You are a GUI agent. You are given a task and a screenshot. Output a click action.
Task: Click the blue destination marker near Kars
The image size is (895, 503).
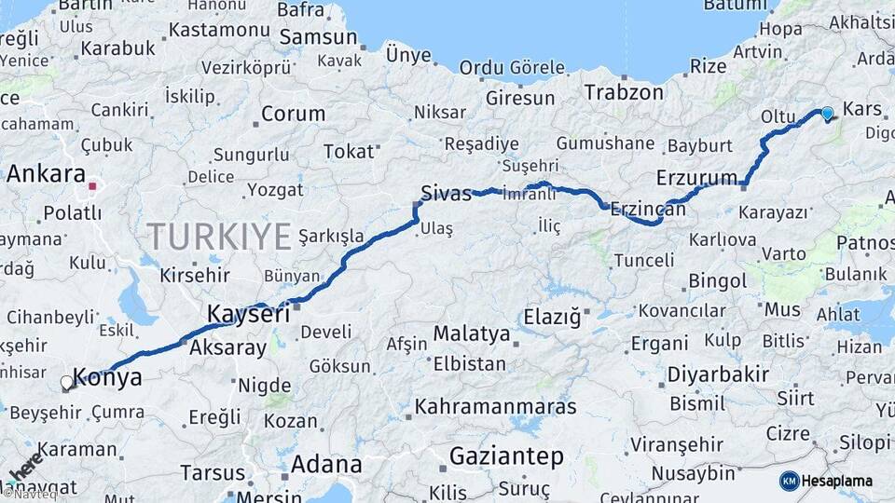pos(827,114)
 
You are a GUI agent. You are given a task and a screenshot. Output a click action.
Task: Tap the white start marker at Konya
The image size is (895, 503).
pos(66,382)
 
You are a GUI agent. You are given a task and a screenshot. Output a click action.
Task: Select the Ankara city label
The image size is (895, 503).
pos(46,174)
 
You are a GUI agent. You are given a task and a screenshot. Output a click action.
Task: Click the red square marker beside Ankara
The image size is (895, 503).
pos(92,186)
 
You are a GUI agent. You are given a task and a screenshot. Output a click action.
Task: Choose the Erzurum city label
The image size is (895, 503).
pos(697,177)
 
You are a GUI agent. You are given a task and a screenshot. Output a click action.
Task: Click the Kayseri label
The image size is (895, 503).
pos(247,313)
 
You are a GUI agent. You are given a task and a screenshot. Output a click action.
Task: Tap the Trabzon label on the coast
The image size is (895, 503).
pos(624,92)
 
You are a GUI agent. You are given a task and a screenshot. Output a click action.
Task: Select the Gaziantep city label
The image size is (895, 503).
pos(506,456)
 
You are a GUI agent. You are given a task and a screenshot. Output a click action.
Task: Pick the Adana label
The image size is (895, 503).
pos(326,464)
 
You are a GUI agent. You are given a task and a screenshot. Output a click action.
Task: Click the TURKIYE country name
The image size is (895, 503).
pos(219,237)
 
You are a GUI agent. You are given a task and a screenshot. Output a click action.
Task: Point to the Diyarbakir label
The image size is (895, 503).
pos(717,375)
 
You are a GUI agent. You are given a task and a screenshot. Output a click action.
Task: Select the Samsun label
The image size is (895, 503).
pos(319,37)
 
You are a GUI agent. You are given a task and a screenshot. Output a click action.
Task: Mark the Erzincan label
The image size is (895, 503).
pos(648,211)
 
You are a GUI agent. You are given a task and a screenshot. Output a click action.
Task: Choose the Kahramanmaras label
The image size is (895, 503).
pos(495,407)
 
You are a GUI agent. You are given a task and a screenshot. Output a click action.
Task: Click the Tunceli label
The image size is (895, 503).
pos(642,260)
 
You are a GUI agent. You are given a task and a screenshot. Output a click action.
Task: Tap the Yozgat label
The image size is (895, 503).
pos(275,190)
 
